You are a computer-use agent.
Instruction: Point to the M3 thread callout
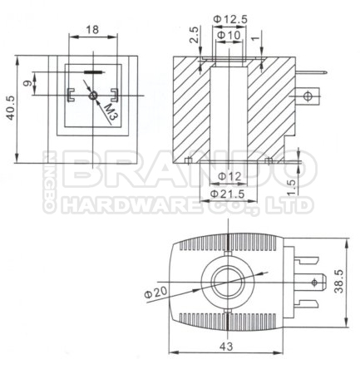click(x=113, y=110)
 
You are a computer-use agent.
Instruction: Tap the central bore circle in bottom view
click(x=228, y=283)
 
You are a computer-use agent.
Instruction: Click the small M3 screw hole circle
click(x=93, y=96)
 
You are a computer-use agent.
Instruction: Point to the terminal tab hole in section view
click(x=312, y=96)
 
